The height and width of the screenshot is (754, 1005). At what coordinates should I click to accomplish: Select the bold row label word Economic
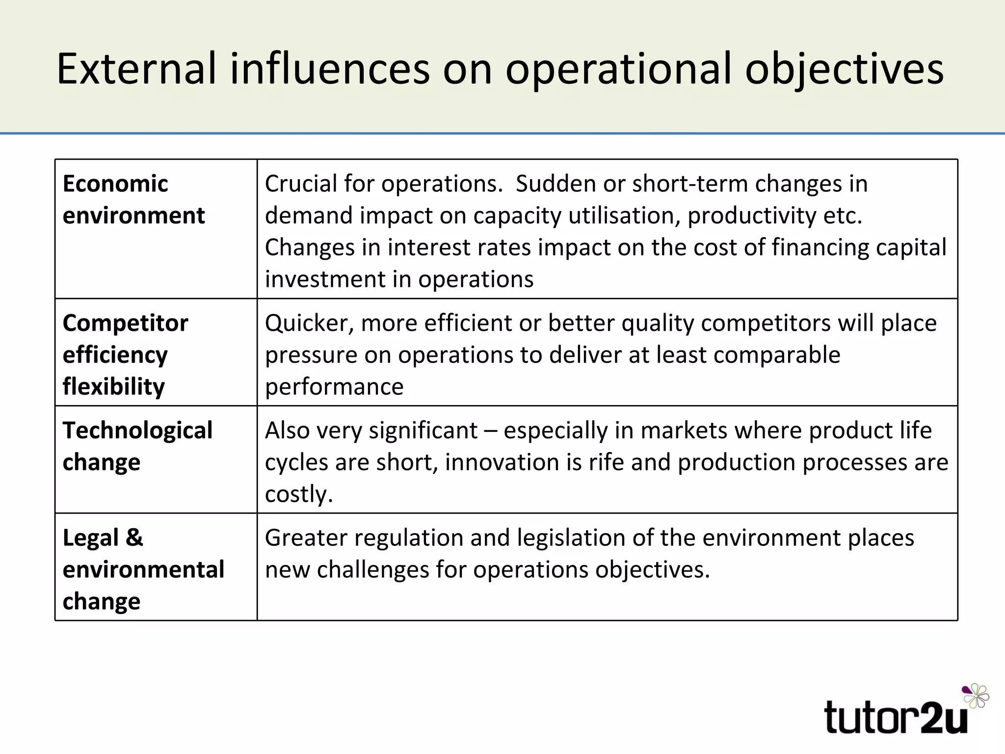[x=115, y=184]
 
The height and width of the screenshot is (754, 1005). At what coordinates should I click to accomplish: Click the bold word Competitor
[x=126, y=323]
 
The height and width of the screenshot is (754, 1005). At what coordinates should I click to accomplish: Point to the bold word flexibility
[x=114, y=387]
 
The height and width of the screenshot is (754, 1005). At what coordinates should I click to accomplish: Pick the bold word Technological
[x=137, y=431]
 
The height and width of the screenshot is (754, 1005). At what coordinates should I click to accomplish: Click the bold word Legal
[x=91, y=538]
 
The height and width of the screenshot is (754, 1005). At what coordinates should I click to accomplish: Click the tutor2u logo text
[x=896, y=718]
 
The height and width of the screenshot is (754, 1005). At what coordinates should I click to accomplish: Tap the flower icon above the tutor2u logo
[x=976, y=696]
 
